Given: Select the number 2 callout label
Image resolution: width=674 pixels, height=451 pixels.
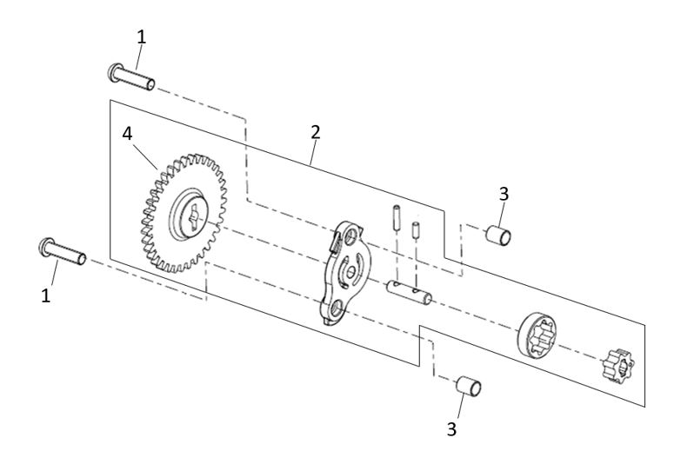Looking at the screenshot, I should pyautogui.click(x=316, y=131).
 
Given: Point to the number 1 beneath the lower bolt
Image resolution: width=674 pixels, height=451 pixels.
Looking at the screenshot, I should pyautogui.click(x=47, y=295).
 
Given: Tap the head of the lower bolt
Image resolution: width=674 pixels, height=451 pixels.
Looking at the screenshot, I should pyautogui.click(x=44, y=248).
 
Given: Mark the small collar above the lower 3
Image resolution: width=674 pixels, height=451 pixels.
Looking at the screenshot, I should pyautogui.click(x=470, y=384).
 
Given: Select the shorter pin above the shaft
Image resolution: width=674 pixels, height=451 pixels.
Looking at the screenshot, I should pyautogui.click(x=415, y=231).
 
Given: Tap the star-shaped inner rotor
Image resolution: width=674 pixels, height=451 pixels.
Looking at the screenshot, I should pyautogui.click(x=618, y=364).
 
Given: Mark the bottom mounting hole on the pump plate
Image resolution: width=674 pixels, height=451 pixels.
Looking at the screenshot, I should pyautogui.click(x=333, y=307).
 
